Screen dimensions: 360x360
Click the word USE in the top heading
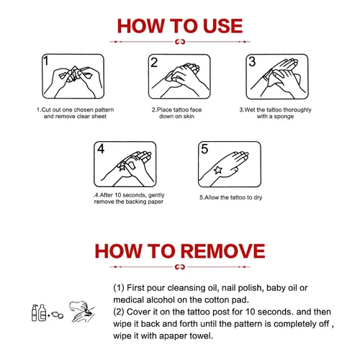point(222,26)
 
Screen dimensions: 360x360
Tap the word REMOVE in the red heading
point(223,251)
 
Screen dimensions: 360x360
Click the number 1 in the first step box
point(46,60)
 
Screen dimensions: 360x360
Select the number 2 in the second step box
point(154,63)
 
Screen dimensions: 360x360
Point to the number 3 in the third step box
point(252,61)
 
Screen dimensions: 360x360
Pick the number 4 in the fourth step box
point(101,149)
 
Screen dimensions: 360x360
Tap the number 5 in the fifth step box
point(204,149)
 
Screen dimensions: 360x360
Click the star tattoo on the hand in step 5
point(218,170)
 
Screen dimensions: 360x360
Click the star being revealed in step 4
point(122,166)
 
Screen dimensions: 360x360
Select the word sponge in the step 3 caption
point(284,117)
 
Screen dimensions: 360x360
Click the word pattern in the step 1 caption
point(104,110)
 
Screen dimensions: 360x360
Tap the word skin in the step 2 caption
point(189,117)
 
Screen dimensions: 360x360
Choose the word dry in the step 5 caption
point(258,197)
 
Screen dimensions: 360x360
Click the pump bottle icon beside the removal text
point(35,312)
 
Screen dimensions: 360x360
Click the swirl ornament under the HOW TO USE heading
point(180,42)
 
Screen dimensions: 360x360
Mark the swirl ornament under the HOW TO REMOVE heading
point(180,267)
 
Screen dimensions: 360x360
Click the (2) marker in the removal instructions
point(119,312)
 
